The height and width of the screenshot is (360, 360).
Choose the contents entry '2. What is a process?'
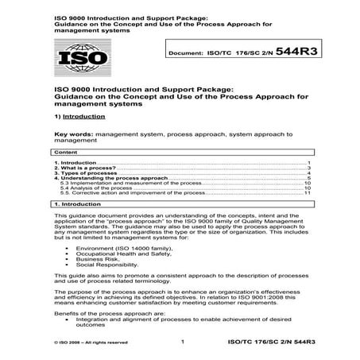pyautogui.click(x=79, y=168)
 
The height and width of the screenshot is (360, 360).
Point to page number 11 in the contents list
pyautogui.click(x=306, y=192)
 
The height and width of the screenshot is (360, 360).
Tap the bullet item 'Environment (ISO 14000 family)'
pyautogui.click(x=110, y=248)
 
